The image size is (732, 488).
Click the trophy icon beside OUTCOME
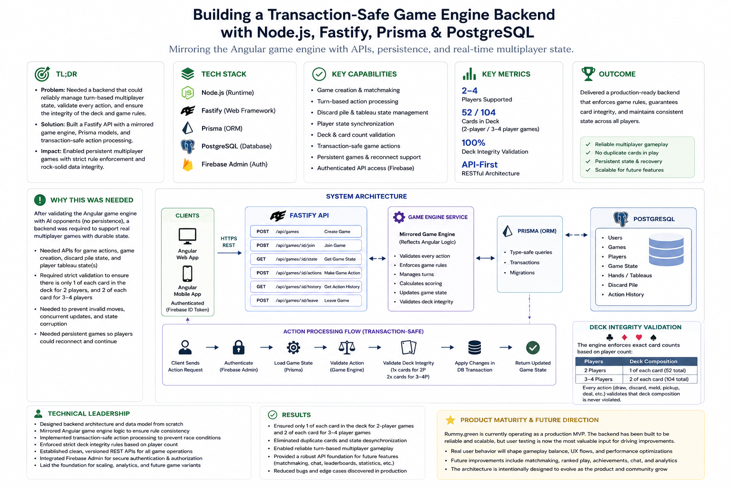[x=588, y=73]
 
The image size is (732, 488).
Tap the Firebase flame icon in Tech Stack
[x=188, y=164]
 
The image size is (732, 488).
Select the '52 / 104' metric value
[x=478, y=112]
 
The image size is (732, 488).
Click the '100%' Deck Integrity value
[x=473, y=143]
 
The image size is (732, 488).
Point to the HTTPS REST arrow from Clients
[x=229, y=253]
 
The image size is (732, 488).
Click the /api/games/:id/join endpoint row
[x=306, y=245]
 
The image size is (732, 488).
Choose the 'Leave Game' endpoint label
[x=336, y=300]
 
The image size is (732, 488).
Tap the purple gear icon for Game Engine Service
[x=399, y=217]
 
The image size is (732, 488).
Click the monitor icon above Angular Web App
[x=187, y=236]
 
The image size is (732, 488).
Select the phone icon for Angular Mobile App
[x=187, y=274]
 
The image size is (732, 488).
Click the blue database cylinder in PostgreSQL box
[x=666, y=249]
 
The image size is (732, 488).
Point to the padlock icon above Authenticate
[x=239, y=347]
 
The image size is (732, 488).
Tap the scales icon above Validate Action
[x=347, y=347]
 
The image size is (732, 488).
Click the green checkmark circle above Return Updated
[x=533, y=347]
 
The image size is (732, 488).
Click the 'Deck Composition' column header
[x=653, y=361]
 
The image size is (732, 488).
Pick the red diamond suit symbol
[x=624, y=337]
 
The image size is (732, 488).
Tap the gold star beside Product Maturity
[x=450, y=420]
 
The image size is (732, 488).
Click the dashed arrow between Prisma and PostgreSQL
[x=577, y=234]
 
